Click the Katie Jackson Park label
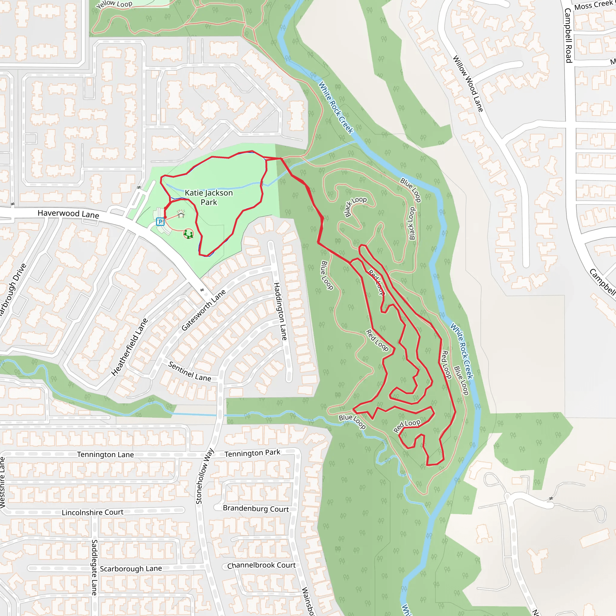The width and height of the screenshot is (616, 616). tap(209, 197)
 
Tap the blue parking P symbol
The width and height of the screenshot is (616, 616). tap(160, 222)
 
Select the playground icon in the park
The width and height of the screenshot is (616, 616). tap(188, 234)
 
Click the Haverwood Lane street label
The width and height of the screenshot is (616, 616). tap(68, 214)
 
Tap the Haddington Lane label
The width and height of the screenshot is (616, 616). tap(280, 311)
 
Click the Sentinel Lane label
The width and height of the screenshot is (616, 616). tap(189, 371)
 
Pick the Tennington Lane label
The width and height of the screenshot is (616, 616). tap(105, 455)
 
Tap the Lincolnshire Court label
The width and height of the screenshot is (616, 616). tap(92, 512)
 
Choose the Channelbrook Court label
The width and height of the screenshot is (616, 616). tap(261, 565)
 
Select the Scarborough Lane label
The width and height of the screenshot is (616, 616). tap(131, 569)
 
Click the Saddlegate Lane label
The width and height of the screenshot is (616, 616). tap(94, 567)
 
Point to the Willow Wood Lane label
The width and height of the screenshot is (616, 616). tap(468, 84)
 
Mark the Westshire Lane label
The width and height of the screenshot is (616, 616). tap(2, 482)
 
